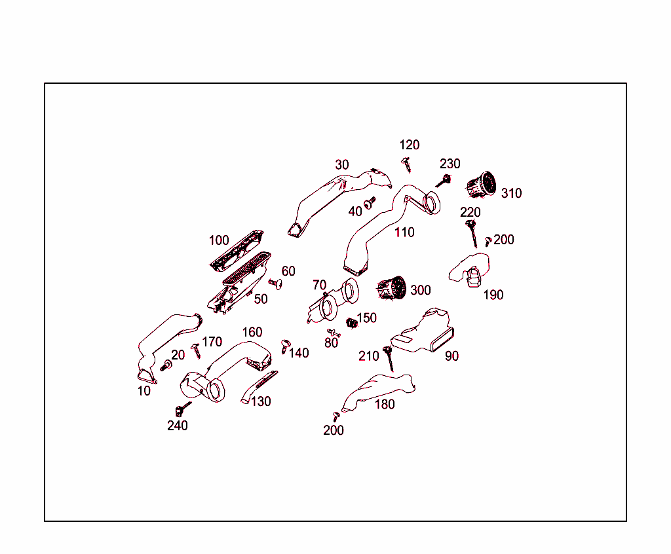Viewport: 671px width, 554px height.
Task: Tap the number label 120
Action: [410, 145]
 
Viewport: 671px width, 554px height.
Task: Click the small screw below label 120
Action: [407, 164]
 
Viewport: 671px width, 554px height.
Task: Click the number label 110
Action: [404, 232]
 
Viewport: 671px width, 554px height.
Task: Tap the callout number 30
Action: [342, 165]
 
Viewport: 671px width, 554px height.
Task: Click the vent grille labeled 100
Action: [237, 250]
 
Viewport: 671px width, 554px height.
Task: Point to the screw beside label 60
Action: [275, 283]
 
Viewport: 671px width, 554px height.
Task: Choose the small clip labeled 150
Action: [351, 322]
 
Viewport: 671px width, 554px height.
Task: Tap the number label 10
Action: [144, 391]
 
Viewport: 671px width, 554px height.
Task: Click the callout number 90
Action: [451, 356]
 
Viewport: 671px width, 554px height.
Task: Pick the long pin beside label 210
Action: [389, 360]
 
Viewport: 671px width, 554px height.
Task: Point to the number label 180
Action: [385, 404]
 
